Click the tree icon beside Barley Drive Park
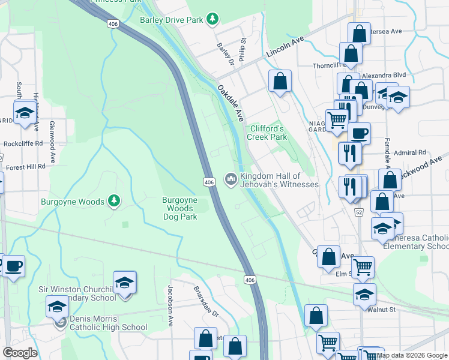pos(212,20)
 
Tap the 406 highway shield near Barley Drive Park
pos(113,23)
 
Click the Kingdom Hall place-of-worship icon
pos(231,179)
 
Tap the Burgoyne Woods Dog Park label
pos(179,208)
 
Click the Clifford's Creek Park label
pos(267,133)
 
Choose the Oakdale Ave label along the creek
pos(231,103)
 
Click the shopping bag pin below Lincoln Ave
pos(280,81)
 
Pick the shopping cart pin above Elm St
pos(363,266)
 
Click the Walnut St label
pos(383,310)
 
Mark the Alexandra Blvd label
pos(384,76)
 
